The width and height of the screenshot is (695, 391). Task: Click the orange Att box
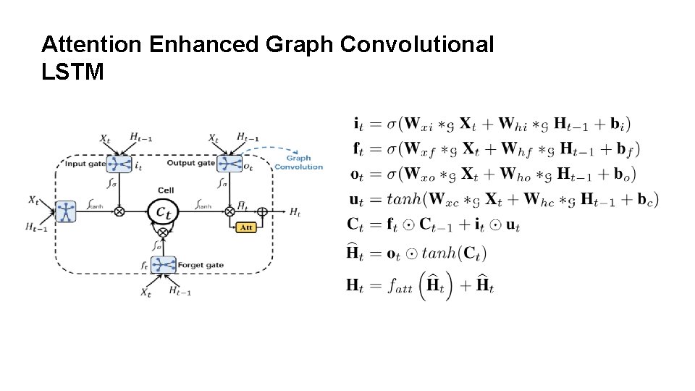(x=246, y=227)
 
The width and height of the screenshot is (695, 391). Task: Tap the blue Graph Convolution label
(x=298, y=162)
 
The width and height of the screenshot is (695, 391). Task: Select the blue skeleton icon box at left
(x=66, y=211)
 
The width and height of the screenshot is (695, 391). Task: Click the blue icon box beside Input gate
(x=118, y=164)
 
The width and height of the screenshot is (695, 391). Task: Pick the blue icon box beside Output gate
(x=229, y=164)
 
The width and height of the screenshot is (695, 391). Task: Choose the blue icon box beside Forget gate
(x=164, y=265)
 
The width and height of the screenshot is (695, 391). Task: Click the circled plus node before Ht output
(x=262, y=211)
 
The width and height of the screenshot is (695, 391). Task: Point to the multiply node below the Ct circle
(x=163, y=232)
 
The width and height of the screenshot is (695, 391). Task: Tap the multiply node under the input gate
(x=119, y=211)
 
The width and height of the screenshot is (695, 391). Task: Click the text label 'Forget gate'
(x=201, y=265)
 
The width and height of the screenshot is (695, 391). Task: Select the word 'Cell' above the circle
(x=166, y=190)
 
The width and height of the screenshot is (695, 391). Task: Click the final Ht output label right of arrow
(x=295, y=212)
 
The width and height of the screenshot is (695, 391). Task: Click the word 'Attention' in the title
(x=92, y=45)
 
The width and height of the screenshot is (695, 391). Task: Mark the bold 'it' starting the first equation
(x=358, y=124)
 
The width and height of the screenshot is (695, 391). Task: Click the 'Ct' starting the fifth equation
(x=355, y=225)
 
